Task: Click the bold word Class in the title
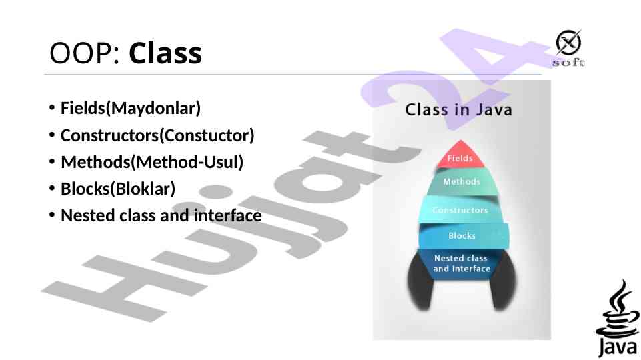tap(165, 53)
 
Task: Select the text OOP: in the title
tap(85, 53)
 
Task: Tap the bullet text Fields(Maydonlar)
tap(131, 108)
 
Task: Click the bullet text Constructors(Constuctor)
tap(157, 135)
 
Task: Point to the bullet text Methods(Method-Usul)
tap(152, 162)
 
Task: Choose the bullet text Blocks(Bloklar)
tap(118, 189)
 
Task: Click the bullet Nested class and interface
tap(161, 215)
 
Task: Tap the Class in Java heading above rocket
tap(458, 109)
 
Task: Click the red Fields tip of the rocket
tap(460, 155)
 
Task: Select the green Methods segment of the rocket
tap(462, 182)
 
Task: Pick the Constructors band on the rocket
tap(460, 209)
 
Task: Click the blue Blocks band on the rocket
tap(462, 236)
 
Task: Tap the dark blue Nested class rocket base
tap(461, 264)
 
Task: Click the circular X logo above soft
tap(568, 43)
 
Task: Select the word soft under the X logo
tap(569, 63)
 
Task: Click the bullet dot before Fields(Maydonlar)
tap(51, 108)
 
